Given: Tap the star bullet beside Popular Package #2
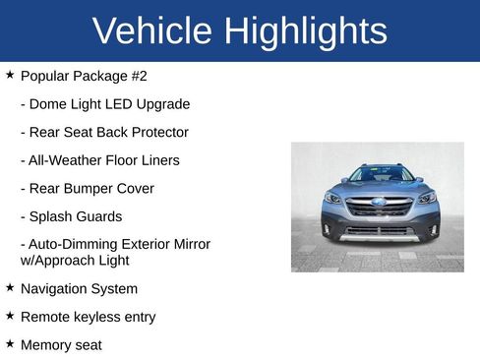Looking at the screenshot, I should coord(10,75).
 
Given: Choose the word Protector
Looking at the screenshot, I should coord(155,132).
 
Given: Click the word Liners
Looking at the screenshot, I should coord(157,160).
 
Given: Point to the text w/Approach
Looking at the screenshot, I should coord(57,261).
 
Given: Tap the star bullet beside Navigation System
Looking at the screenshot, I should coord(10,288).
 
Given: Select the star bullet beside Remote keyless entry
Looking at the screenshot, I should coord(10,316).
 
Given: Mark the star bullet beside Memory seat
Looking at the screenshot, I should coord(10,344).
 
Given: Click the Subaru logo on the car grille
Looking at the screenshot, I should coord(379,202).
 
